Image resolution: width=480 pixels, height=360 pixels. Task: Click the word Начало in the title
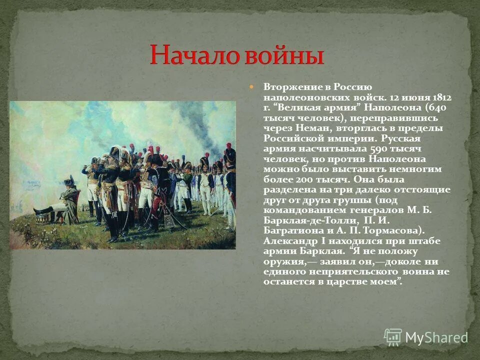pos(193,55)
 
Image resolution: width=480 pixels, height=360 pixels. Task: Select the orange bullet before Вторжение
pos(252,86)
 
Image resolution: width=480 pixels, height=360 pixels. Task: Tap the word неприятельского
pos(350,272)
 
